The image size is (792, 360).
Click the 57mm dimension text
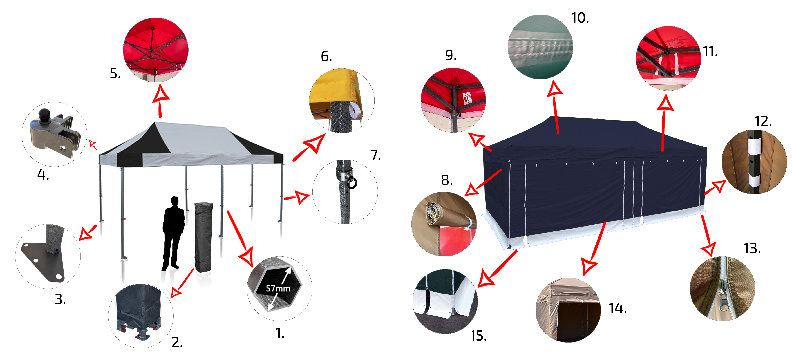point(278,288)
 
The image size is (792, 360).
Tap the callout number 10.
point(580,18)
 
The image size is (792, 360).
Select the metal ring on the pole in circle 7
point(352,183)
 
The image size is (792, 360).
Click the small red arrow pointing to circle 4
point(93,144)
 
